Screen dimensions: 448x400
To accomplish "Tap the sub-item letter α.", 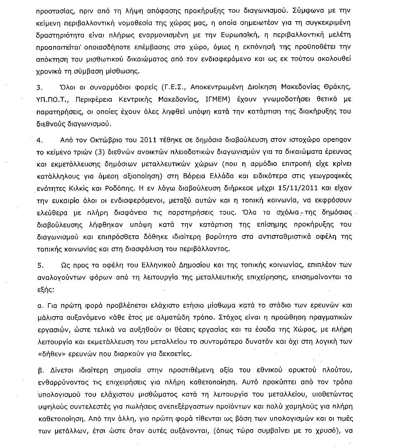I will click(x=40, y=306).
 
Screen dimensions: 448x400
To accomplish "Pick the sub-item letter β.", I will click(x=40, y=370).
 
